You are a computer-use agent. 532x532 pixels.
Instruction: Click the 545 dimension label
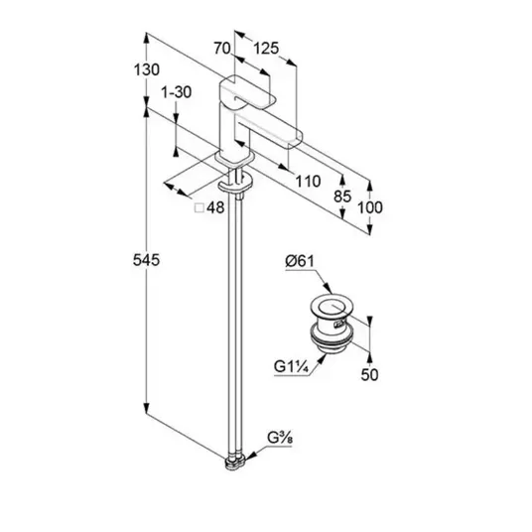[146, 260]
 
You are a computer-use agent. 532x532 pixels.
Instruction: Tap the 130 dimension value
[147, 69]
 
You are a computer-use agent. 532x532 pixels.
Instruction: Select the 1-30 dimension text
[176, 92]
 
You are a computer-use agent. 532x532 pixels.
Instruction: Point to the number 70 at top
[222, 49]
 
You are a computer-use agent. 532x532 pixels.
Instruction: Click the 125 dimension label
[266, 49]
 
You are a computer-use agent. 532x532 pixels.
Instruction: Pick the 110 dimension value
[308, 182]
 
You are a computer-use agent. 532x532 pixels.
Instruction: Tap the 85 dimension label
[342, 197]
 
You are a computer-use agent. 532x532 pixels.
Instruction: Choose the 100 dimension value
[370, 207]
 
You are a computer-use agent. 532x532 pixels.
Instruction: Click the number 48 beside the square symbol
[215, 207]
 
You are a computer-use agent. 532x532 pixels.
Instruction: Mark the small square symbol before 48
[199, 208]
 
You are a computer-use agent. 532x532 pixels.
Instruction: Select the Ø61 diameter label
[300, 261]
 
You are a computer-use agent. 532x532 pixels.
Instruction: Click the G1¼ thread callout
[291, 367]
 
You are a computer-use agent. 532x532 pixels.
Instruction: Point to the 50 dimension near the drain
[369, 375]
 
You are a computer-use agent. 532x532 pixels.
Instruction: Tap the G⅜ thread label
[280, 438]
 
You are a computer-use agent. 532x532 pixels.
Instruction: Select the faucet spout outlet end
[295, 139]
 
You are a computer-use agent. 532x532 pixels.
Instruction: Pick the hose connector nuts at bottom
[235, 464]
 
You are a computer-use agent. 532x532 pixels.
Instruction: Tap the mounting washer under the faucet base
[235, 183]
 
